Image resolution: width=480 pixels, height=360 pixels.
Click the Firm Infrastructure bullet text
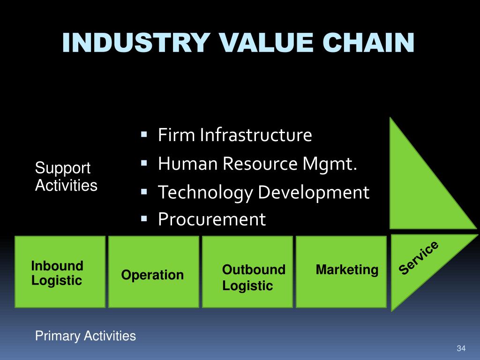pos(234,135)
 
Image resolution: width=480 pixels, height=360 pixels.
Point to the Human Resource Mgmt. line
pos(257,164)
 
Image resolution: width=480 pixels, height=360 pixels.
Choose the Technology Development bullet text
pos(263,192)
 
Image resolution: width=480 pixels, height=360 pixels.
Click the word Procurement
pos(212,219)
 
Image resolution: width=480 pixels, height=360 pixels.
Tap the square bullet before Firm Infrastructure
pos(144,135)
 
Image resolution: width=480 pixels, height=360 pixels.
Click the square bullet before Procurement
pos(144,218)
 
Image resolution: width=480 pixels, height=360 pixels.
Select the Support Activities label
pos(66,177)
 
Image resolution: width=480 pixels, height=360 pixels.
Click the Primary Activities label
pos(86,336)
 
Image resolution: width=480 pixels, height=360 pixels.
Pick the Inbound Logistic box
pos(60,272)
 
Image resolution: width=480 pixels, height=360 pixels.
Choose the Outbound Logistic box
pos(247,272)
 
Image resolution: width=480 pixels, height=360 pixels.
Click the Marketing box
pos(341,272)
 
